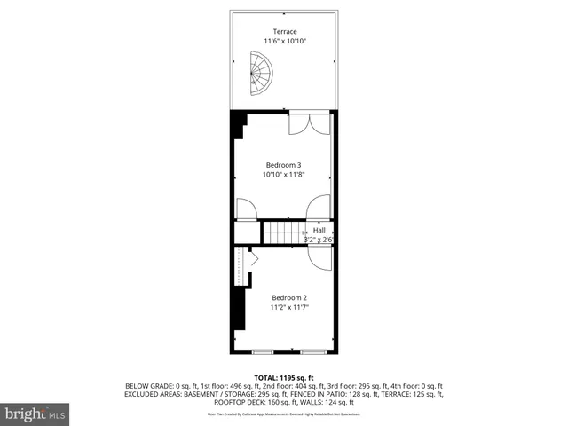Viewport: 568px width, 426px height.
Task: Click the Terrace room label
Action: [x=284, y=32]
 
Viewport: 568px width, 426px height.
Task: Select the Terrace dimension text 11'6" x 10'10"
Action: [x=284, y=42]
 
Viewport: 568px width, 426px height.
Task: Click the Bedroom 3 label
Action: [x=284, y=165]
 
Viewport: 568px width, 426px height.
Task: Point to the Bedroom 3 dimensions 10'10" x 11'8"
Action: [x=284, y=175]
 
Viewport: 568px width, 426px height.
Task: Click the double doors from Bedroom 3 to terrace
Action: [x=311, y=123]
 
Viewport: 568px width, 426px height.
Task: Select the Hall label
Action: [x=319, y=230]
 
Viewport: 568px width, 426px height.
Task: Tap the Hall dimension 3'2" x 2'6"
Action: [x=318, y=239]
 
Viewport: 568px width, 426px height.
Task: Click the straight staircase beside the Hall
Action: [x=282, y=233]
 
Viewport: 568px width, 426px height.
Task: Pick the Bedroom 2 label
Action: [x=289, y=297]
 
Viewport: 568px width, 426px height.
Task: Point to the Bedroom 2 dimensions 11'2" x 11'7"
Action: [x=289, y=307]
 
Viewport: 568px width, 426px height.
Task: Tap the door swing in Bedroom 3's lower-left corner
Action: [x=247, y=209]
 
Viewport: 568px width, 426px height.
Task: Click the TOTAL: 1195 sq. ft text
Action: [x=284, y=378]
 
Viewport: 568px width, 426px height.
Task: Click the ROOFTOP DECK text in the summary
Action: [x=241, y=402]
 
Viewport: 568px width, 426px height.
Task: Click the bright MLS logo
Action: [x=35, y=414]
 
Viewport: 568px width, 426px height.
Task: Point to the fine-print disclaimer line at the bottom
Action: [x=284, y=414]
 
